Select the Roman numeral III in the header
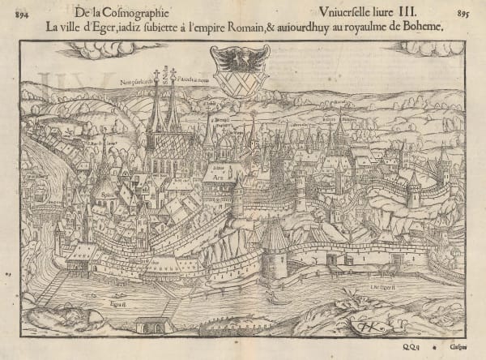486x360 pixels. tap(394, 12)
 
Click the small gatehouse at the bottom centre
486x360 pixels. tap(154, 326)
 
